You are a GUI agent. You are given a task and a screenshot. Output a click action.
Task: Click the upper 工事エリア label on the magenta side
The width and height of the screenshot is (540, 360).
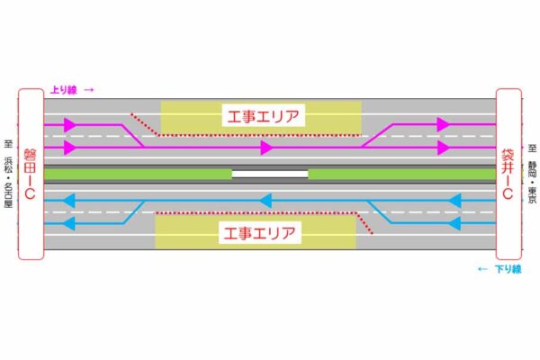click(261, 115)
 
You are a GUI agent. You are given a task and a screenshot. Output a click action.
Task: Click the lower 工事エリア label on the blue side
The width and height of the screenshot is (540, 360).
click(261, 232)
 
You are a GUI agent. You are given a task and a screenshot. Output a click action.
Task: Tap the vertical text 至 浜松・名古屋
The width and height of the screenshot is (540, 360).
click(9, 171)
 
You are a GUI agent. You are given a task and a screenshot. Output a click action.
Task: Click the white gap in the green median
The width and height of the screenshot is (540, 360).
click(270, 173)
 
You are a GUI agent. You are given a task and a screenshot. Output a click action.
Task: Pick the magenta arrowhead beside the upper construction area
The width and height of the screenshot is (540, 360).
click(266, 147)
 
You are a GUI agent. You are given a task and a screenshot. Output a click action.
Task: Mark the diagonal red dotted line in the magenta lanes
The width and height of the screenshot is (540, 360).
click(144, 124)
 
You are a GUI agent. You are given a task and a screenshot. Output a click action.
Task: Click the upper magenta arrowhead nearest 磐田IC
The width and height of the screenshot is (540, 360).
click(70, 124)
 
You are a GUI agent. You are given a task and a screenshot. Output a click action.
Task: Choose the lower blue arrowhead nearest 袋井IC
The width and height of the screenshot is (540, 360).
click(455, 222)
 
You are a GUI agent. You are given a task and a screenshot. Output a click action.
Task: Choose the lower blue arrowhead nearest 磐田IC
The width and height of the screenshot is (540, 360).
click(70, 222)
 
